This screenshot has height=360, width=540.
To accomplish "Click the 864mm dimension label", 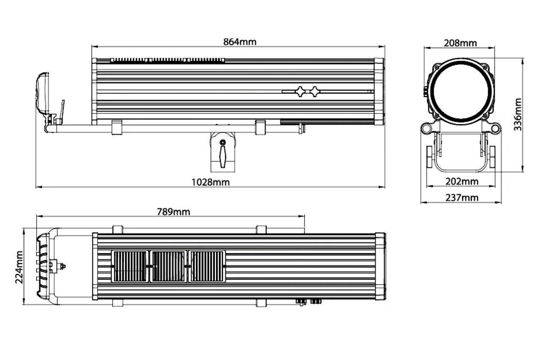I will (x=240, y=42).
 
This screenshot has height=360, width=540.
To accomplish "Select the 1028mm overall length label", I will (x=211, y=182).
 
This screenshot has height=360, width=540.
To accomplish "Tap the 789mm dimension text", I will (x=173, y=212).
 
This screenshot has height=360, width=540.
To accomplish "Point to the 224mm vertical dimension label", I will (x=19, y=267).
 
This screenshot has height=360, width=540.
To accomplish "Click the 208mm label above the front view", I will (x=460, y=43).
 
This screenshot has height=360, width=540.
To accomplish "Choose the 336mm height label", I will (x=518, y=115).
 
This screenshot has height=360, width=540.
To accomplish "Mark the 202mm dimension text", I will (x=462, y=181).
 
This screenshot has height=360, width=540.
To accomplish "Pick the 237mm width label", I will (x=462, y=198).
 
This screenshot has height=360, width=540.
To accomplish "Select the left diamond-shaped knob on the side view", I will (x=300, y=91).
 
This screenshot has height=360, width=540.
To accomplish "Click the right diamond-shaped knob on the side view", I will (x=315, y=91).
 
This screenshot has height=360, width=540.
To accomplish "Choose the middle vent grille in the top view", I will (x=168, y=266).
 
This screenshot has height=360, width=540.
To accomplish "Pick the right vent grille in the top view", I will (x=206, y=266).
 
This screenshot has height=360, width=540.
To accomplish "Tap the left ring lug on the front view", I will (x=427, y=127).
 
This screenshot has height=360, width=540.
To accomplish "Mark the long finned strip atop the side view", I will (x=167, y=61).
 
